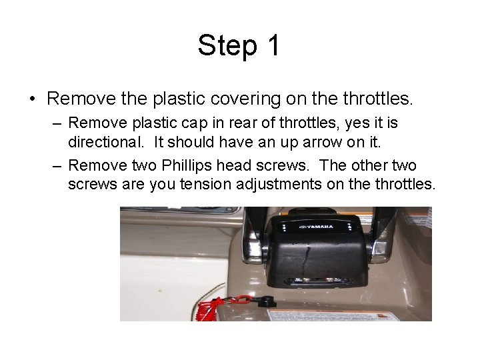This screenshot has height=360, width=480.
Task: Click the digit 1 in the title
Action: coord(273,45)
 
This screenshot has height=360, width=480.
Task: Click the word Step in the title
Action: coord(227,46)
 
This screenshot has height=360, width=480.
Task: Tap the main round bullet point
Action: coord(33,99)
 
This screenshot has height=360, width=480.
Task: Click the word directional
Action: coord(106,142)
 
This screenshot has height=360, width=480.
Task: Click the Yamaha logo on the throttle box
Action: coord(316,227)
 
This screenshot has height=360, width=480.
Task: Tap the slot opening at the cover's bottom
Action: coord(319,281)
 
